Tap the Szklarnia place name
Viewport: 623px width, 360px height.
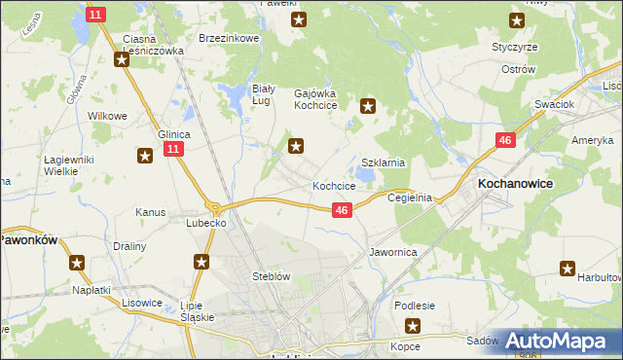click(383, 163)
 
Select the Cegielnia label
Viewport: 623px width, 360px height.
click(409, 197)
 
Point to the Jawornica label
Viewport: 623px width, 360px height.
click(393, 251)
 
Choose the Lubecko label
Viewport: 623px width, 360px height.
click(206, 223)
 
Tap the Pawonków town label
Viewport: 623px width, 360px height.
click(29, 237)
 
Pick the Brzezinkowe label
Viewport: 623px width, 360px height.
click(228, 38)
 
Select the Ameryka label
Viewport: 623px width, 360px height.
click(591, 141)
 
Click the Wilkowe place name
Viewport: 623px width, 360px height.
click(108, 116)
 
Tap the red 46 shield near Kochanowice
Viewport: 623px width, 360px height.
click(504, 141)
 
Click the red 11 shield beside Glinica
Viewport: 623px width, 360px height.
click(173, 149)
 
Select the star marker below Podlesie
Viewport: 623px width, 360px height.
click(414, 327)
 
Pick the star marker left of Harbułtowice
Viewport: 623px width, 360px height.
click(568, 269)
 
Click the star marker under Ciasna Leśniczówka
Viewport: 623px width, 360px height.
click(122, 59)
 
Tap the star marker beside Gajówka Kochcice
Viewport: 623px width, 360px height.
click(368, 106)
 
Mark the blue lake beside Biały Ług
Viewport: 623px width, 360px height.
click(236, 96)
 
